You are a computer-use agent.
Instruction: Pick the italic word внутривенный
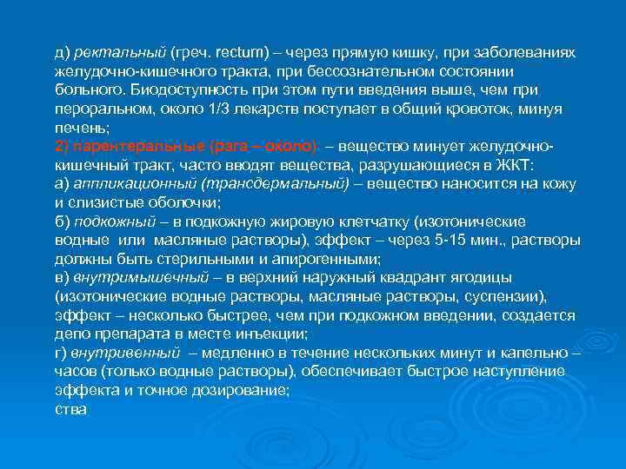click(x=126, y=352)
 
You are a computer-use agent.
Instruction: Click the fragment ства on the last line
click(x=70, y=408)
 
